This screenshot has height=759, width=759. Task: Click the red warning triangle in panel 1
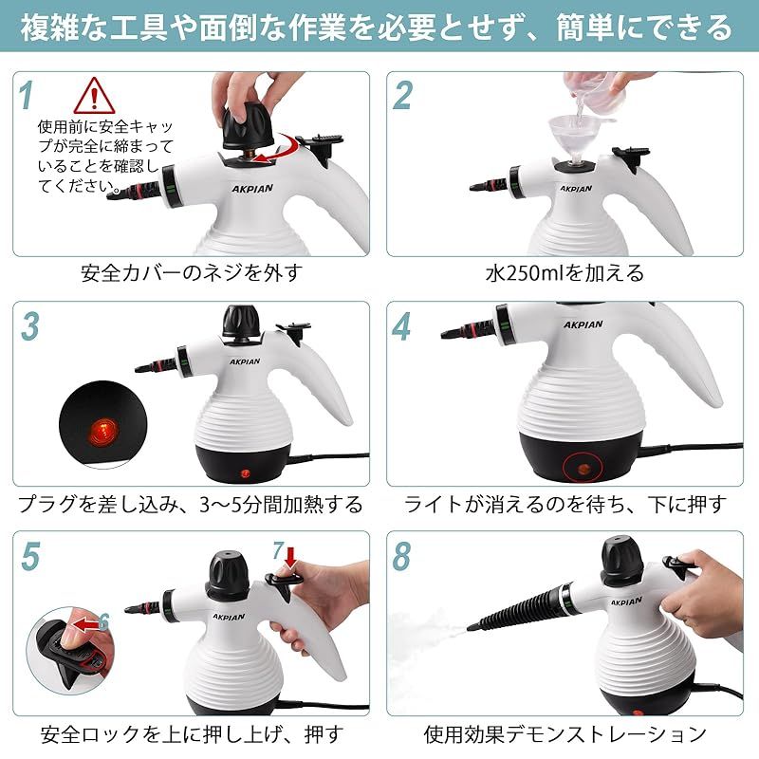point(94,96)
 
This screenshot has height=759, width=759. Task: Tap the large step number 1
point(27,95)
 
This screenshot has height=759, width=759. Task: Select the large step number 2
point(402,95)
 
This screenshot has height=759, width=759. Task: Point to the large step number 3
point(30,326)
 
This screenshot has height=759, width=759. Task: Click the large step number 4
point(401,326)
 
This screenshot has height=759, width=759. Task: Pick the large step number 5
point(30,556)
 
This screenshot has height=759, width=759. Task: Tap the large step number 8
point(401,556)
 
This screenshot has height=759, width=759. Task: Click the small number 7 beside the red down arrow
point(278,550)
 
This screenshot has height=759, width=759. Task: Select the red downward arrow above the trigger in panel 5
point(290,557)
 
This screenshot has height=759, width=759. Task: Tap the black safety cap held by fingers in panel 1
point(247,127)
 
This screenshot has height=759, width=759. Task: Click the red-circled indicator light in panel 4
point(583,469)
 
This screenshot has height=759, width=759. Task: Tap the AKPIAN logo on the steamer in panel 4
point(583,324)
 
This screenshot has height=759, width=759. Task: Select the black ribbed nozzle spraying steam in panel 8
point(519,607)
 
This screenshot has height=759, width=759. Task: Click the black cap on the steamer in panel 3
point(241,322)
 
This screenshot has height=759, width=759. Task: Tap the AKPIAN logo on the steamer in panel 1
point(251,188)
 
